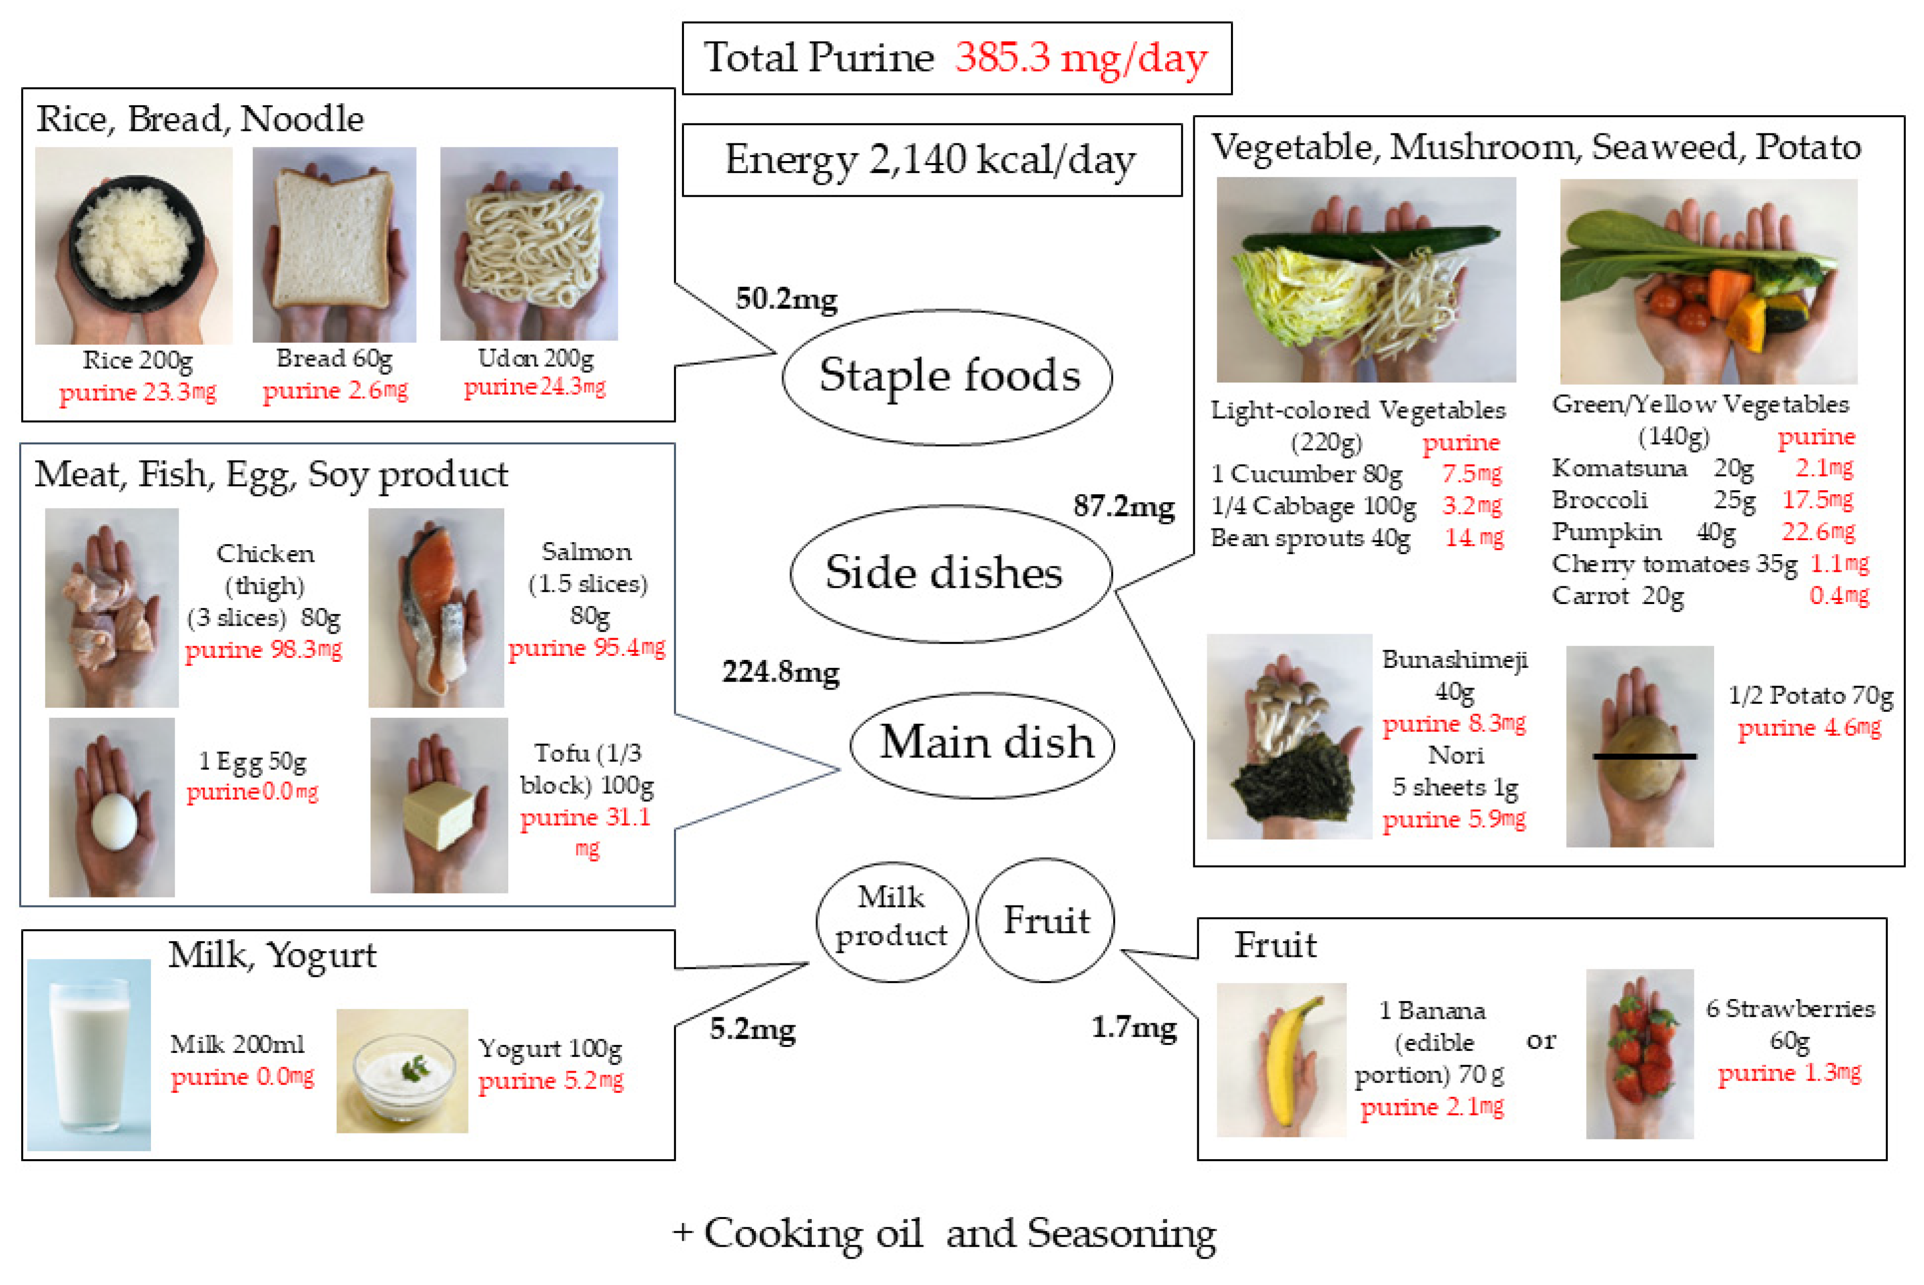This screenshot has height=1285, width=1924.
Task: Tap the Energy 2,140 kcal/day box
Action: tap(931, 160)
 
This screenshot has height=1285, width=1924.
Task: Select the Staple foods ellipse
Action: tap(947, 377)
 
